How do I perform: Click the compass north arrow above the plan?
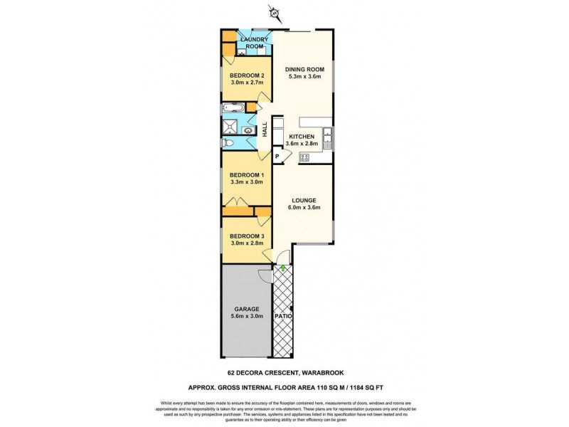pos(272,12)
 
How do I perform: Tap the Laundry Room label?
pos(254,43)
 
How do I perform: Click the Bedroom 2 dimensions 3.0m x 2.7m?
pos(247,83)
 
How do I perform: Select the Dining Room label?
pos(304,69)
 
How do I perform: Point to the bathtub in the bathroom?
pos(233,109)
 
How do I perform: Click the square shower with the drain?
pos(230,128)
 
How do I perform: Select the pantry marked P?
pos(277,156)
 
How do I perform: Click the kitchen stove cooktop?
pos(304,157)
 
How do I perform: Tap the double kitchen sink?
pos(327,135)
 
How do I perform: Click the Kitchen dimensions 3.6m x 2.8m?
pos(302,144)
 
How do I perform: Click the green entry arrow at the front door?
pos(284,268)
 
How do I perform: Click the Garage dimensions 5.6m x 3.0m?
pos(247,316)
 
